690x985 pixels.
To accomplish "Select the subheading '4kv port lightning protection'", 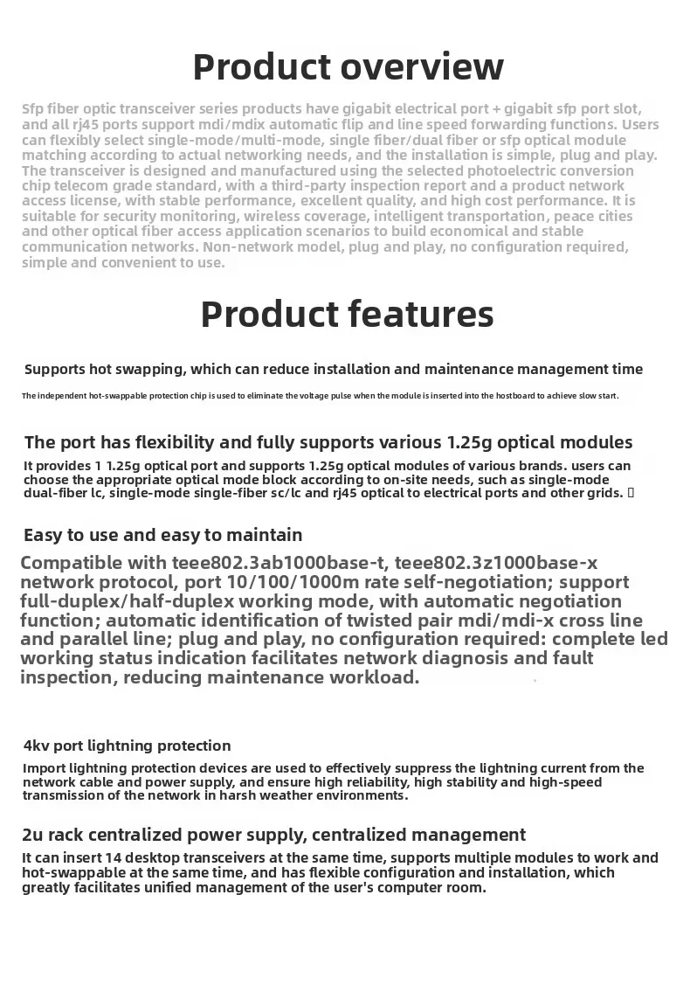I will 128,746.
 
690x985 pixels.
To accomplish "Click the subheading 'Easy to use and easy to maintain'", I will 163,535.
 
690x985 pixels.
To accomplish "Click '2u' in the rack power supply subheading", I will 32,835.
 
